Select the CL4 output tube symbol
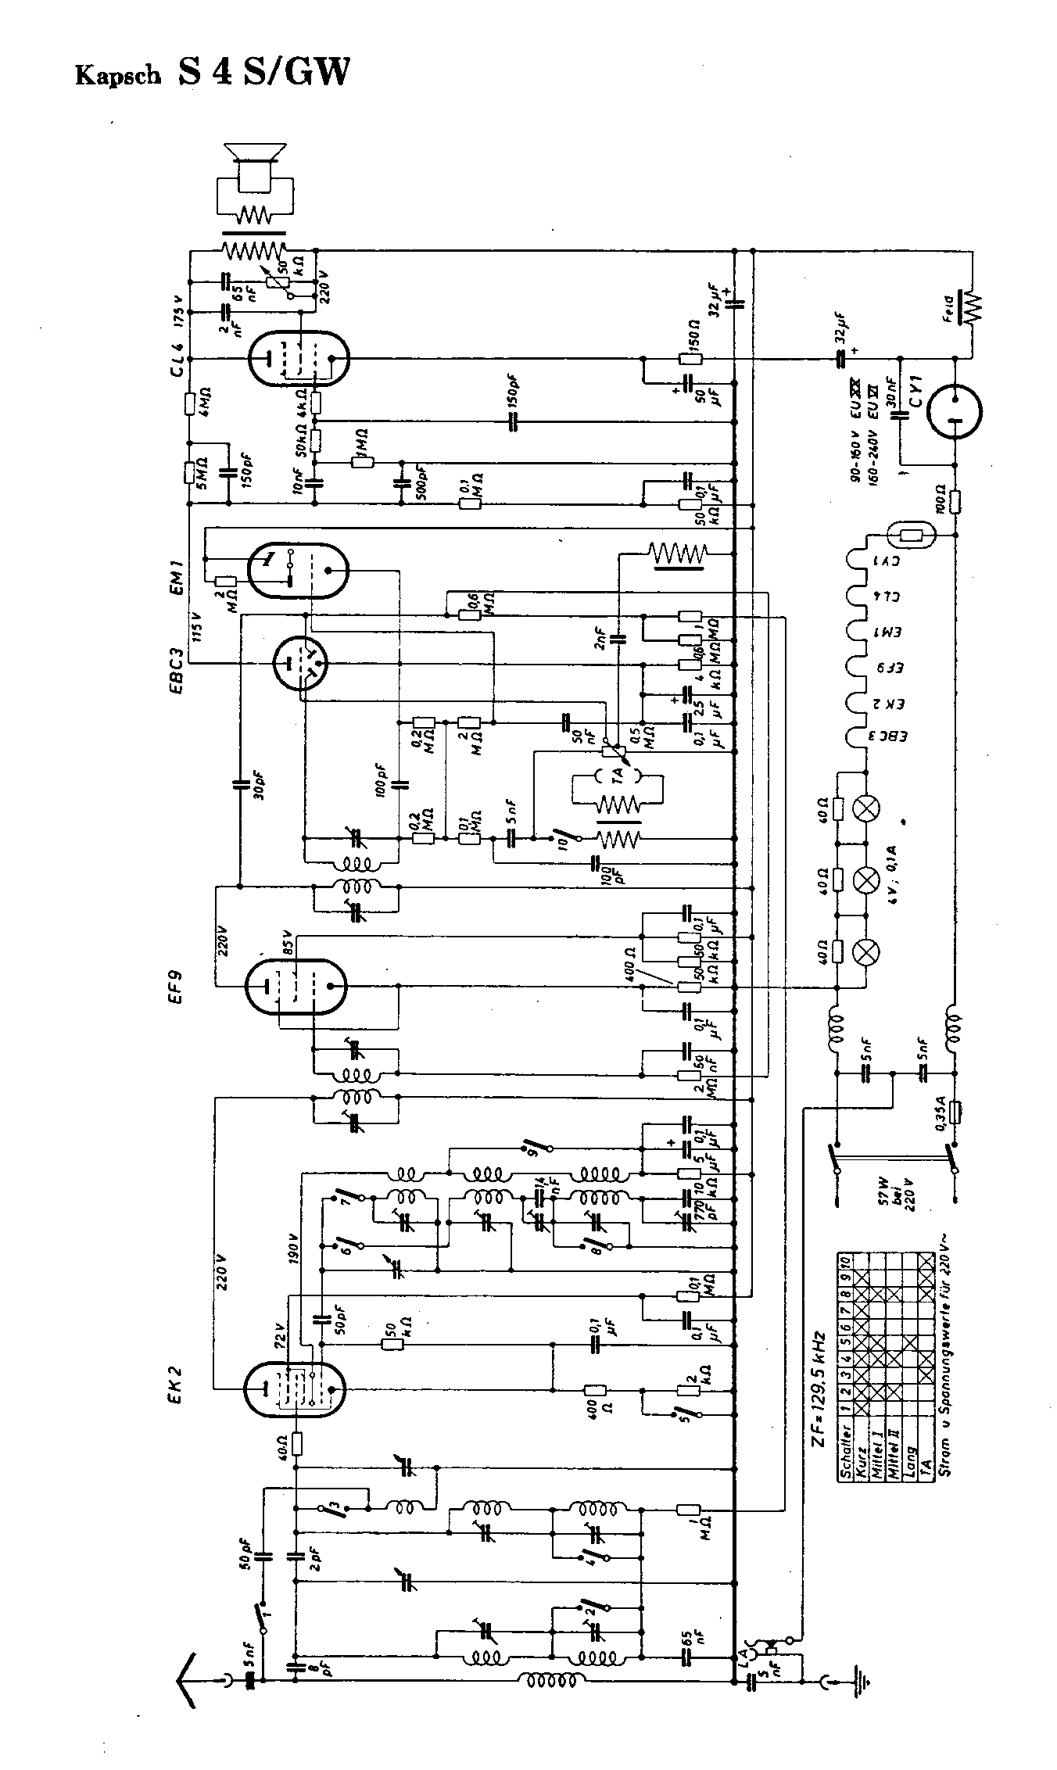[x=296, y=360]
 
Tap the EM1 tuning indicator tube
[x=297, y=571]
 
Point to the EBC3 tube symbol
[x=300, y=664]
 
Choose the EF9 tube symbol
[x=296, y=986]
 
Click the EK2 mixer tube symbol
[x=295, y=1389]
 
